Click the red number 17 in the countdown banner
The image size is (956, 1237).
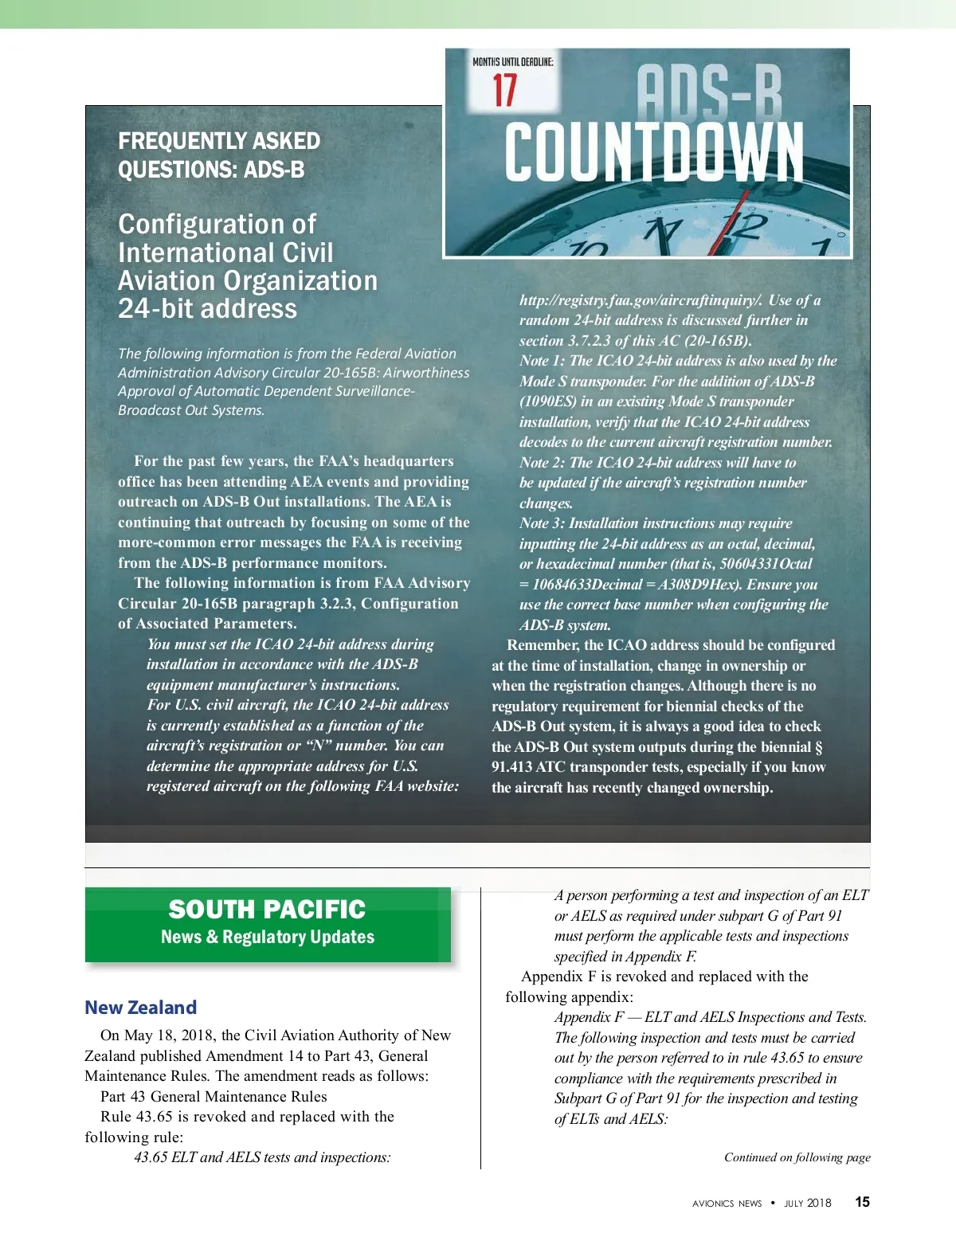504,90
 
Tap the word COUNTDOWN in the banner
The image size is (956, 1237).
654,152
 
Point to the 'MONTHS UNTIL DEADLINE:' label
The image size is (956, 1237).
512,62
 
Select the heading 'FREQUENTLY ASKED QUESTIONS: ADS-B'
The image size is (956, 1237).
219,155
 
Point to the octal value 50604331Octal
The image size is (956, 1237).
766,564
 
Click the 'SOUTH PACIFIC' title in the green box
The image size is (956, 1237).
267,910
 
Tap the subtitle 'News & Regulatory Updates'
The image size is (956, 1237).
268,938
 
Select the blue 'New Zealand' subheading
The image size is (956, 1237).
140,1008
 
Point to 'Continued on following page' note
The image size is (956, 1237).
797,1157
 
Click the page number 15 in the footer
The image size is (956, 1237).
862,1203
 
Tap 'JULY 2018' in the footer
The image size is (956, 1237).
807,1204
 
